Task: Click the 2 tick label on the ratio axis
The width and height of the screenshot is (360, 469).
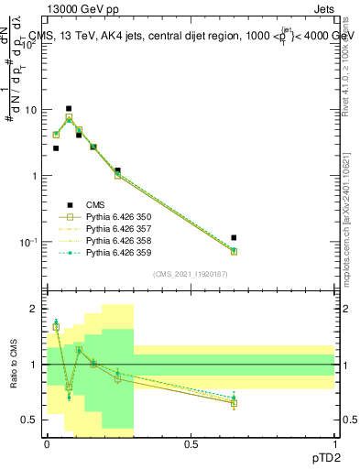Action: click(32, 309)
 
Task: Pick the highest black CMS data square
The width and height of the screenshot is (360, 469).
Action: click(69, 108)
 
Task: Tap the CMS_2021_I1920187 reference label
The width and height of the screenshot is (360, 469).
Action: click(190, 274)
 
